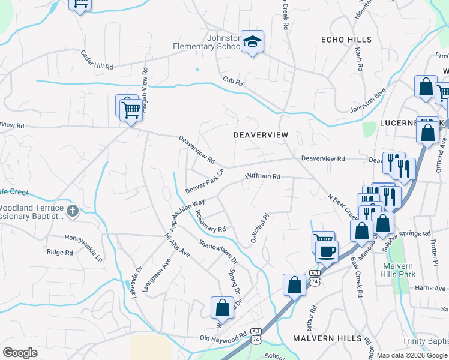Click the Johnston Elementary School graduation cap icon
(x=253, y=41)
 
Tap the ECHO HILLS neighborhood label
(x=346, y=39)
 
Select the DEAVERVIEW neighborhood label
(x=261, y=135)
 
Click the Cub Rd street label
(x=232, y=81)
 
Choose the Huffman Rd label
(x=262, y=176)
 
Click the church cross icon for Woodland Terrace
(x=72, y=211)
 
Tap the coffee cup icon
(x=326, y=251)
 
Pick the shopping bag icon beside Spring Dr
(x=222, y=308)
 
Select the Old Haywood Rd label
(x=223, y=338)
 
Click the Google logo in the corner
(x=20, y=352)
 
